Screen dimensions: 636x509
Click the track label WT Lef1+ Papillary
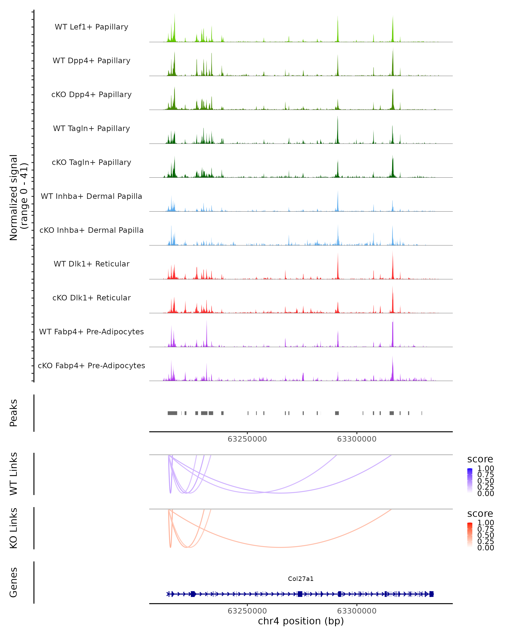click(91, 27)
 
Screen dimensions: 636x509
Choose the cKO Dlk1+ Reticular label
click(91, 298)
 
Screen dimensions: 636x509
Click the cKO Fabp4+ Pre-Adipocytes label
click(91, 365)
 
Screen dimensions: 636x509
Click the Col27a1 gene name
click(301, 579)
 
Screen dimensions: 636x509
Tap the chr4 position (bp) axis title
click(301, 621)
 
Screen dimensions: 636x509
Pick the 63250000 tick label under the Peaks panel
click(247, 439)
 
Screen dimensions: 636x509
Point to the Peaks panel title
click(14, 413)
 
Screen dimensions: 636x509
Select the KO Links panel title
click(14, 528)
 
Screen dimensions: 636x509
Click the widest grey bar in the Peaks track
click(172, 413)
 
